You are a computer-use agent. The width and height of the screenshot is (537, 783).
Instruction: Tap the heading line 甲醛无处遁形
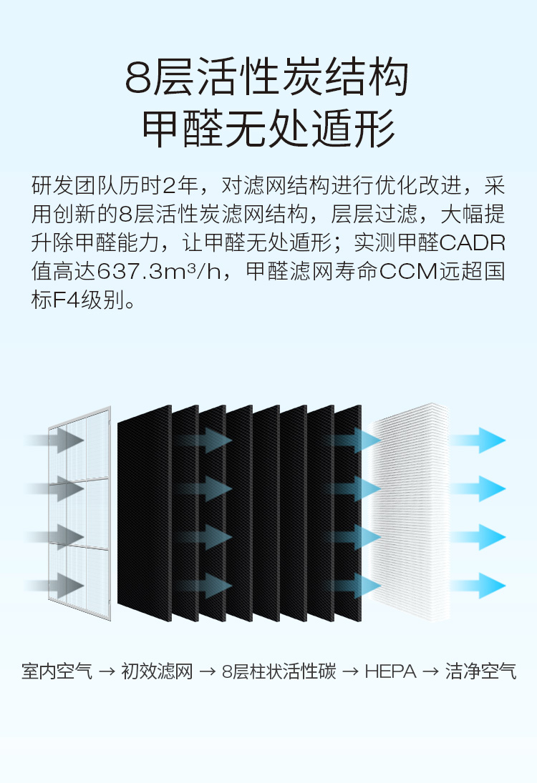268,129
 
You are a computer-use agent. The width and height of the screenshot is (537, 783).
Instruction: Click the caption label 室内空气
57,672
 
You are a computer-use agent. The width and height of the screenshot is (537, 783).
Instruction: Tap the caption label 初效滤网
158,672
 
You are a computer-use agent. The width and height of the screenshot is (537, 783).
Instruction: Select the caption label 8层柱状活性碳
279,672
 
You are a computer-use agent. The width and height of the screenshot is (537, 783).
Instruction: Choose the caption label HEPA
390,672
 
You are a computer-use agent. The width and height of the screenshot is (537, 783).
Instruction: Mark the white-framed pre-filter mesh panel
80,511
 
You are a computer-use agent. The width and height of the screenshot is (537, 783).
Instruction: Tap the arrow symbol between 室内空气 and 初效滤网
107,673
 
